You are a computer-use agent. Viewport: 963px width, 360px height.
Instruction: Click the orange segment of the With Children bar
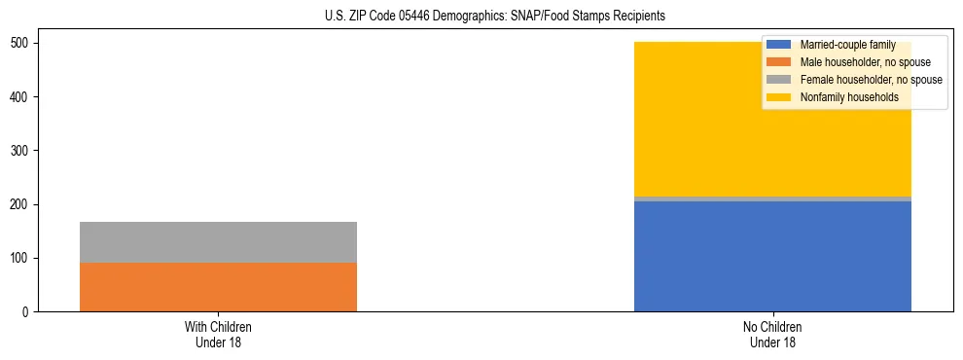pyautogui.click(x=218, y=287)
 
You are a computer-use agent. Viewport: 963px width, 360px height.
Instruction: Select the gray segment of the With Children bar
pyautogui.click(x=218, y=242)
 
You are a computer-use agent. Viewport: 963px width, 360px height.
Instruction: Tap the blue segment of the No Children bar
pyautogui.click(x=772, y=256)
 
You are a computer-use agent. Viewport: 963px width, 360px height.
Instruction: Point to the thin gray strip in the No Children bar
pyautogui.click(x=772, y=198)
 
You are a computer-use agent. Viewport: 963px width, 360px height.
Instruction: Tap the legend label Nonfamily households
pyautogui.click(x=848, y=97)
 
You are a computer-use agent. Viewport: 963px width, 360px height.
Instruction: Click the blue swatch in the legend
pyautogui.click(x=779, y=45)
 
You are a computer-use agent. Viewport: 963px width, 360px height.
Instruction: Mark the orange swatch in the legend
pyautogui.click(x=779, y=62)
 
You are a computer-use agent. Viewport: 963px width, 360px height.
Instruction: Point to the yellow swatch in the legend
pyautogui.click(x=779, y=97)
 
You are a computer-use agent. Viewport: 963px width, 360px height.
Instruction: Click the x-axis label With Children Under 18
pyautogui.click(x=218, y=334)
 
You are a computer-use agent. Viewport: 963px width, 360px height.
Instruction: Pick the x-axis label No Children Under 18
pyautogui.click(x=772, y=334)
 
